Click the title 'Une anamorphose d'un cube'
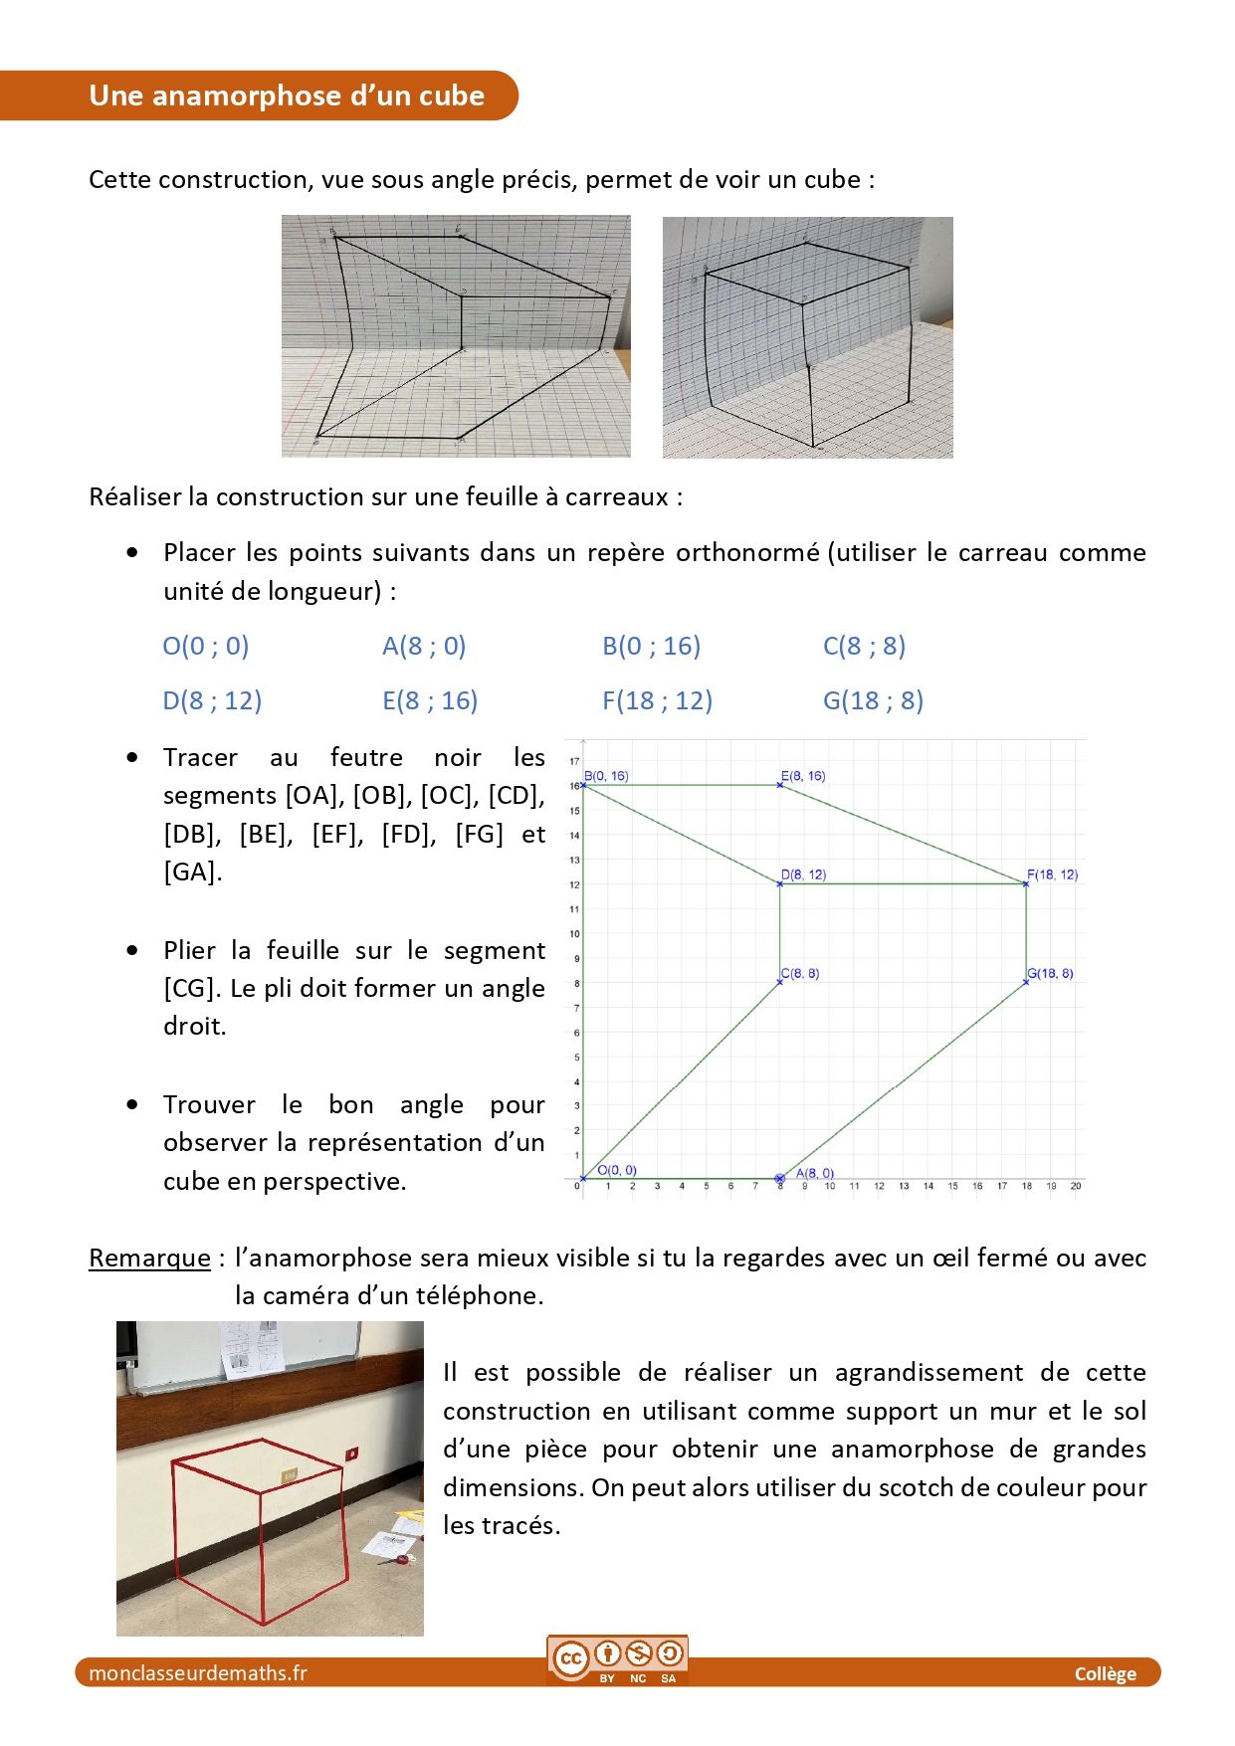(x=287, y=96)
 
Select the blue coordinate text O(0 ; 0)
(x=206, y=647)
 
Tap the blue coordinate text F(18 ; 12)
(x=657, y=701)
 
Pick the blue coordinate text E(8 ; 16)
(x=430, y=701)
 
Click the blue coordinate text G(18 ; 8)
(x=873, y=701)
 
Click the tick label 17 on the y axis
(x=574, y=761)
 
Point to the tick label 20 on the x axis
(x=1076, y=1186)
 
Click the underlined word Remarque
(x=149, y=1259)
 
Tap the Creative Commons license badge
(x=617, y=1659)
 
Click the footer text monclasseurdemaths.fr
(x=198, y=1673)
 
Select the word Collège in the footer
(x=1105, y=1674)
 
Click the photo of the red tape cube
(x=270, y=1478)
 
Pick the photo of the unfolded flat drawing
(x=456, y=336)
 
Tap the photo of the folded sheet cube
(x=807, y=337)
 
